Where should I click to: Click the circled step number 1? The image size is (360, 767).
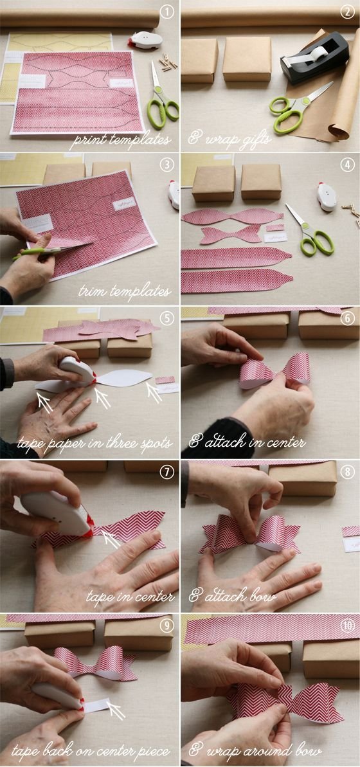pos(167,12)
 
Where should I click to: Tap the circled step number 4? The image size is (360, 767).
pos(347,165)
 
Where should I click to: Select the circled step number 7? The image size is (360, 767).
pos(167,472)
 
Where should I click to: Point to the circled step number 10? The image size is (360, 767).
pos(347,625)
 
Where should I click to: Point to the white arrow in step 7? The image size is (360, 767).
pos(111,539)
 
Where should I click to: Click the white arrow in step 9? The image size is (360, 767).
pos(116,712)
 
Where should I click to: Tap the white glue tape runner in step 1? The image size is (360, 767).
pos(145,40)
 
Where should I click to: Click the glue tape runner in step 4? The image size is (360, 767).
pos(327,197)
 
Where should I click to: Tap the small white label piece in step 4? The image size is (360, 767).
pos(275,238)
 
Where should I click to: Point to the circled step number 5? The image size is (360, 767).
pos(167,318)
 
